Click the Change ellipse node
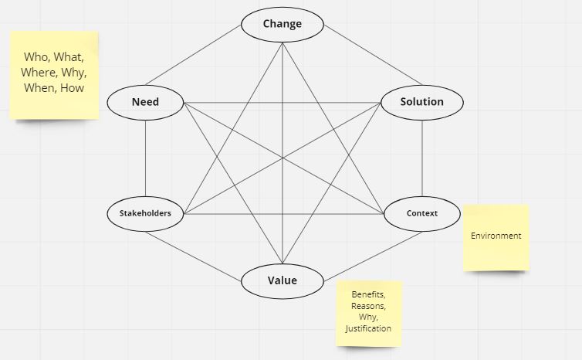(283, 25)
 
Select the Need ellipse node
(145, 103)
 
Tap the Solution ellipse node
(422, 103)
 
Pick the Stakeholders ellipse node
(145, 214)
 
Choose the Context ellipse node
(422, 214)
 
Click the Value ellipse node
(283, 281)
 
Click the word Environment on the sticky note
(496, 236)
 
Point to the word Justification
(368, 329)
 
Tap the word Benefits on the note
(368, 294)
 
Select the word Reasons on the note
(368, 306)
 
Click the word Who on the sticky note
(37, 57)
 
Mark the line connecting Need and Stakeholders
(145, 158)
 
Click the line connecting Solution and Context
(422, 158)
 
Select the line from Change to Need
(194, 55)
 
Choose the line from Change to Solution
(373, 55)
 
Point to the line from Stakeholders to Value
(194, 256)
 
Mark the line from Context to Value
(373, 256)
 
